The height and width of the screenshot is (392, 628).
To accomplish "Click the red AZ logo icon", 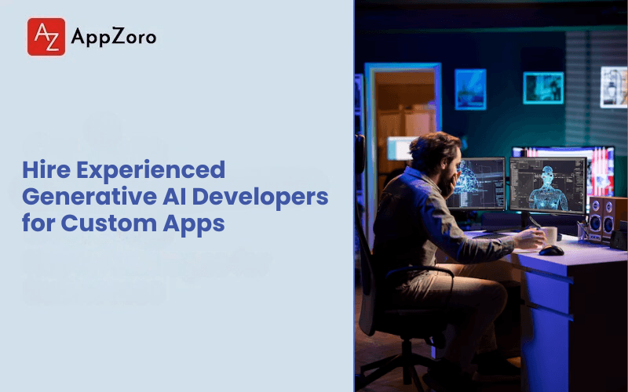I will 46,37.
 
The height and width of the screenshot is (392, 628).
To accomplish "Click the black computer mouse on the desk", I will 551,250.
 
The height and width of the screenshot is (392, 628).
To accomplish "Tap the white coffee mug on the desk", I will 549,234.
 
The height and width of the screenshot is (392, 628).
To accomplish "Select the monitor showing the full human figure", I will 547,185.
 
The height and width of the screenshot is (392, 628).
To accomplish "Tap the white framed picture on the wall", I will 613,86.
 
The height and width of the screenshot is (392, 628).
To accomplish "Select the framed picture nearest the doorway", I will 470,89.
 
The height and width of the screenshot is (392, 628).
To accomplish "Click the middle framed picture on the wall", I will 543,87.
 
